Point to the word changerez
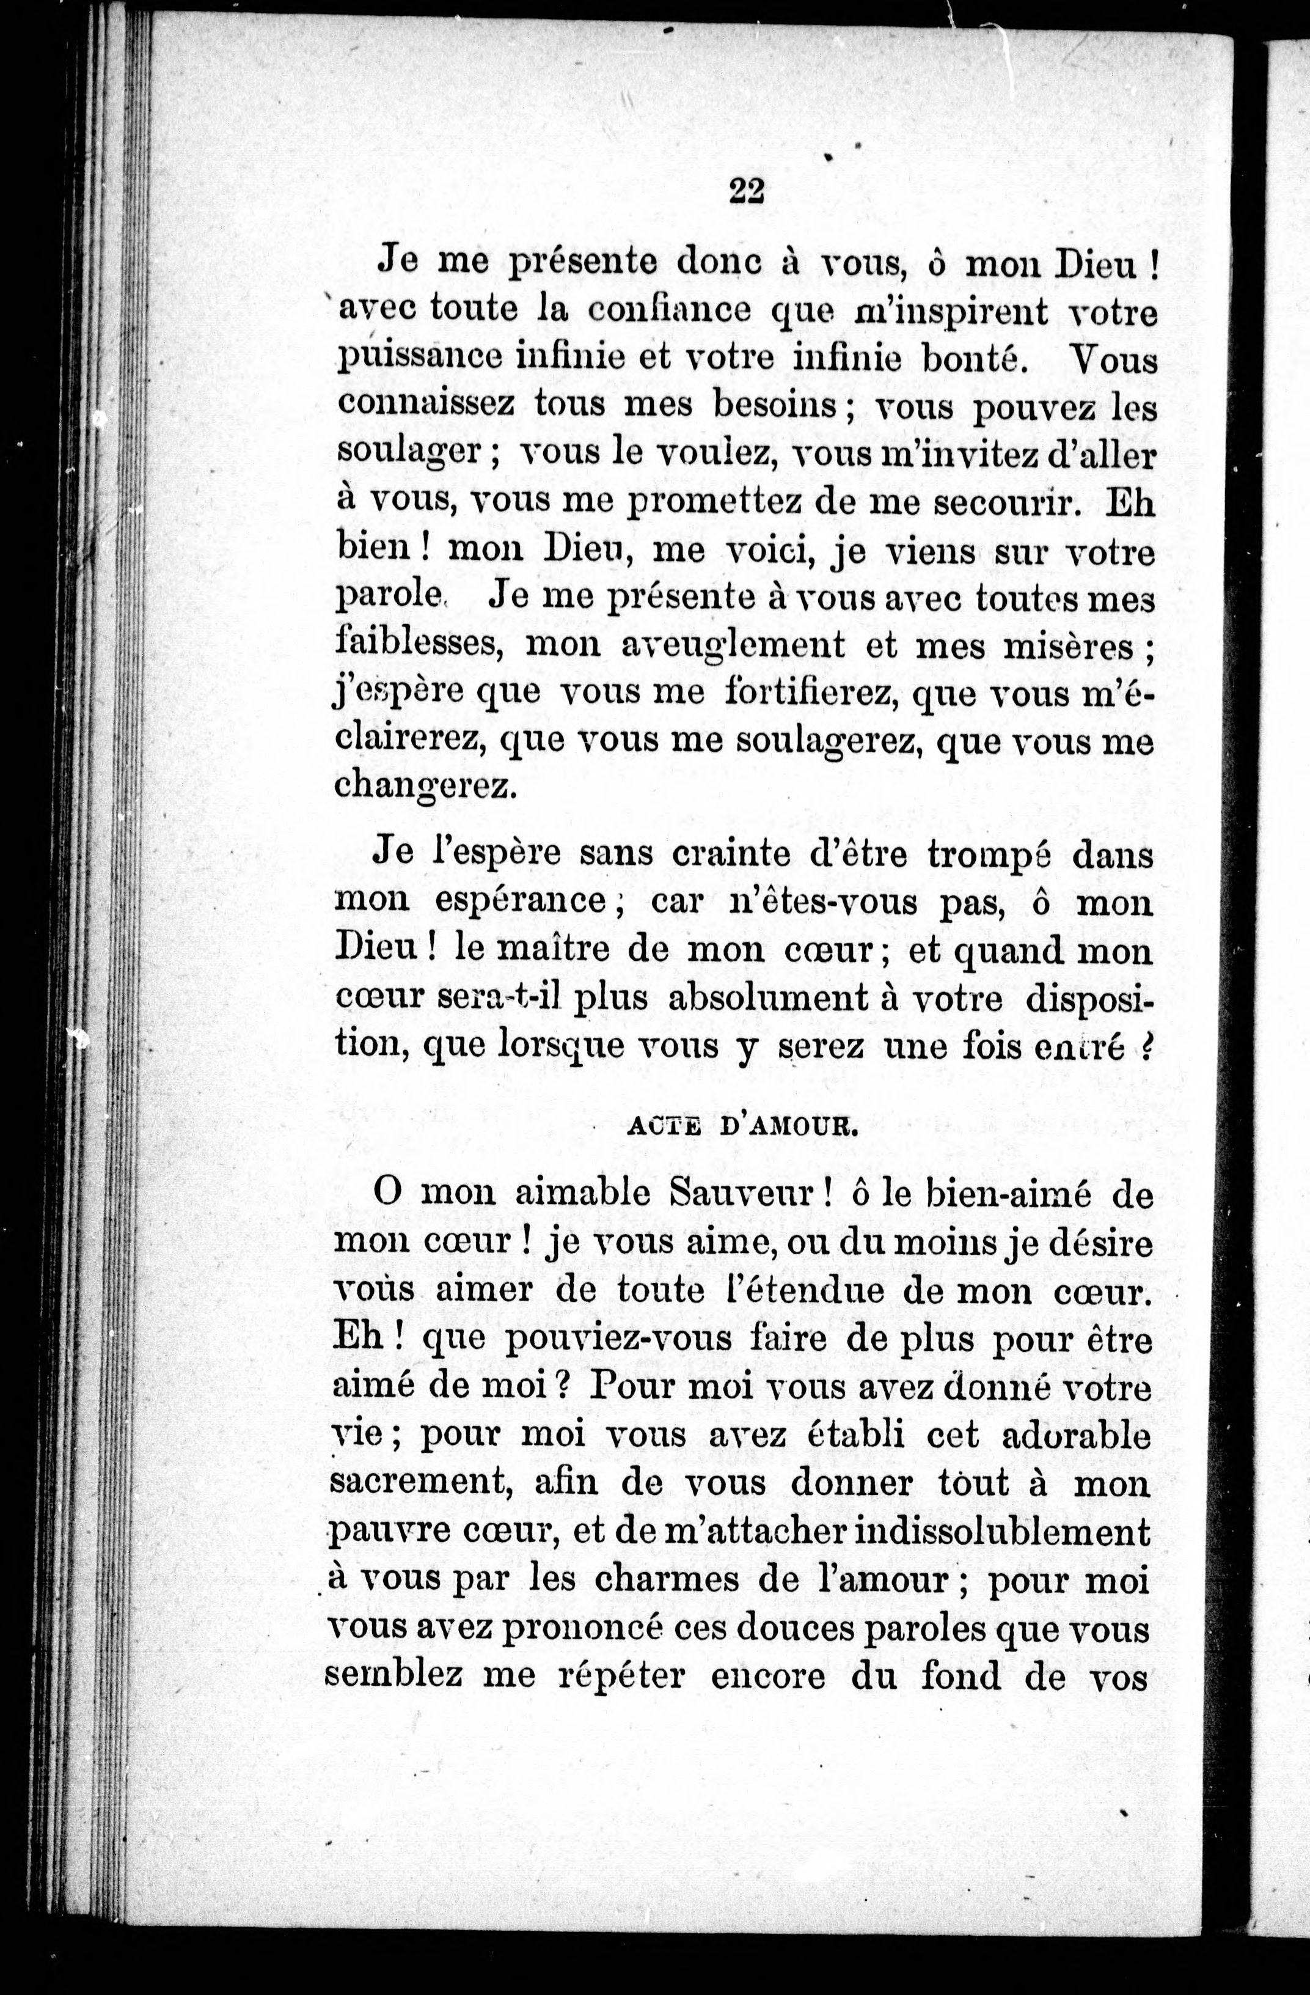pos(423,787)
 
